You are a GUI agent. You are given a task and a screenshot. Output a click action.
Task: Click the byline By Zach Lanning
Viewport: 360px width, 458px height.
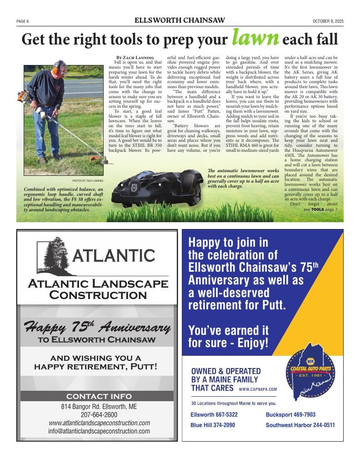coord(135,57)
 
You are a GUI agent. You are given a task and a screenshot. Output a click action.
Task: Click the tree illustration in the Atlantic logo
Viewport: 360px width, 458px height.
coord(54,256)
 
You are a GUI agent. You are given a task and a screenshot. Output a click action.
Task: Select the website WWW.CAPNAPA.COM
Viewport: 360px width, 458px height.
coord(257,389)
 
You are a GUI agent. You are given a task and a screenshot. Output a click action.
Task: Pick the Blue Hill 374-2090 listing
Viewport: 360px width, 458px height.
coord(213,425)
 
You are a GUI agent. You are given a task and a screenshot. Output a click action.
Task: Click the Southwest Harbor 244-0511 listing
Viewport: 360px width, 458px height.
coord(300,425)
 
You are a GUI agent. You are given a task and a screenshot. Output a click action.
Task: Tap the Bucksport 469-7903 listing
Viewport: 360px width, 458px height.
coord(290,414)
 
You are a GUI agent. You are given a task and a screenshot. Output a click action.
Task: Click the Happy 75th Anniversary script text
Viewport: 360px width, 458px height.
coord(97,327)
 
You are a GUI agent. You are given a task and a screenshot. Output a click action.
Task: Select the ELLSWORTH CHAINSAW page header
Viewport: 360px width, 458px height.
coord(180,20)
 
